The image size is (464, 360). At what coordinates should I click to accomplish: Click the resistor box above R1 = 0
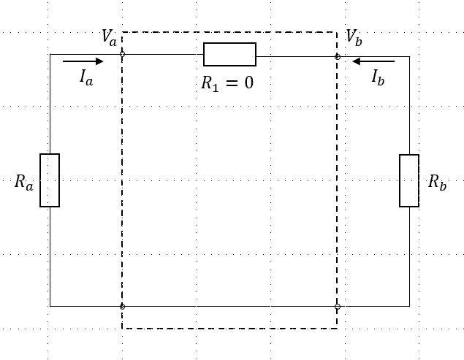coord(229,55)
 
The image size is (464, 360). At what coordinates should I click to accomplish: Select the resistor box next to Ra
coord(50,180)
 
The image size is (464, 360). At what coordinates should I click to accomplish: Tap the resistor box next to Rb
coord(409,180)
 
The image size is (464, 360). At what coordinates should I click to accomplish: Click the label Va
coord(109,39)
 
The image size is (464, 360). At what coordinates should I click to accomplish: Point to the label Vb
coord(354,37)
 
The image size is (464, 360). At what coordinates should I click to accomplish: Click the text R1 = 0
coord(227,83)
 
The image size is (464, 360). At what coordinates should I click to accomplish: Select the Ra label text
coord(24,183)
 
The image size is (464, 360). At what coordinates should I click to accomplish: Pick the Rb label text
coord(437,183)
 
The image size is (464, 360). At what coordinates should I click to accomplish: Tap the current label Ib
coord(378,77)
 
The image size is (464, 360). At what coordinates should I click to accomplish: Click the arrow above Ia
coord(83,62)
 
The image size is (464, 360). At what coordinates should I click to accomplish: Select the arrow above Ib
coord(373,62)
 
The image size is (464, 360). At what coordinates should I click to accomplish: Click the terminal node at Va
coord(122,55)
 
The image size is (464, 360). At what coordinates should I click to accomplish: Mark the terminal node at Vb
coord(337,55)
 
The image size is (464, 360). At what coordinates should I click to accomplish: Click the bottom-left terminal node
coord(122,307)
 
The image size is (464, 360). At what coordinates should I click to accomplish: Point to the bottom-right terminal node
coord(337,307)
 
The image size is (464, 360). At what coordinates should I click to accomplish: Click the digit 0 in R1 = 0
coord(248,83)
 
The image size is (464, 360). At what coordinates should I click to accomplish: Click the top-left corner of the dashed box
coord(122,32)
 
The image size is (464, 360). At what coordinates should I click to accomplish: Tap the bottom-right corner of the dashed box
coord(337,329)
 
